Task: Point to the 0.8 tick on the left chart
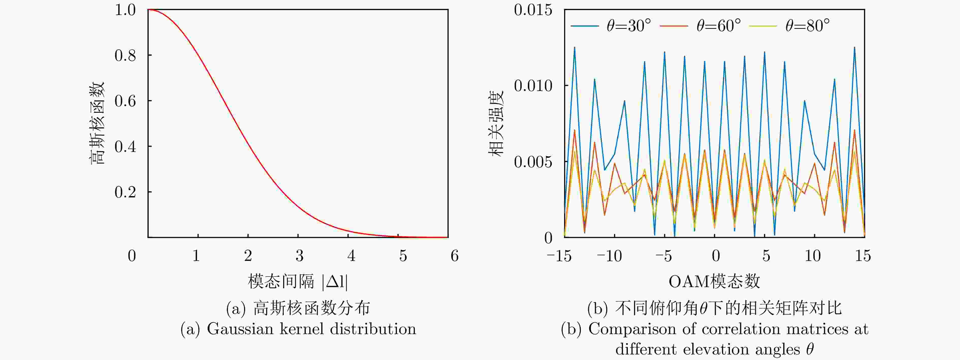coord(125,56)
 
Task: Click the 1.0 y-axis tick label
coord(125,10)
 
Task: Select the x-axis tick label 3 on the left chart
coord(299,256)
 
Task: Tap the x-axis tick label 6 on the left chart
coord(454,256)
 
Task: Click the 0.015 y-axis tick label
coord(533,10)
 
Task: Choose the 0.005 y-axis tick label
coord(533,162)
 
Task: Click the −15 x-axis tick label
coord(559,256)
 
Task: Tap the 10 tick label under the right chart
coord(813,256)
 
